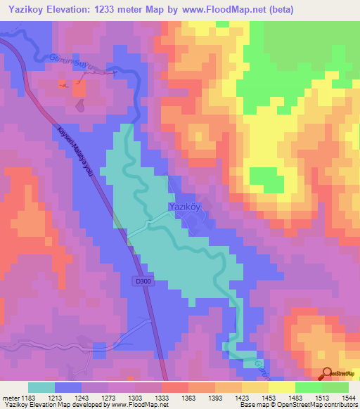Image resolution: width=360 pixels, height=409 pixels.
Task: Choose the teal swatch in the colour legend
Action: click(x=41, y=387)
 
